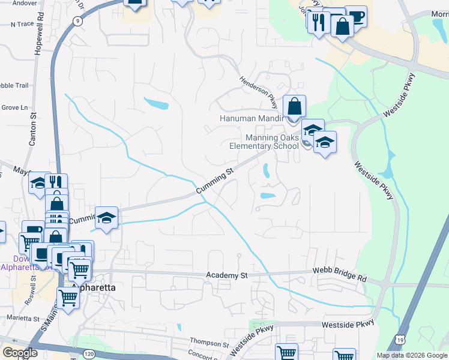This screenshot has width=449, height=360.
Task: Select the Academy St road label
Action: tap(227, 275)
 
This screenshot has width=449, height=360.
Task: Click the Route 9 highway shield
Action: tap(77, 21)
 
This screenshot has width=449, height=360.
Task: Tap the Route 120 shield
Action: tap(89, 355)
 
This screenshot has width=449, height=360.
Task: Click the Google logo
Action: tap(20, 353)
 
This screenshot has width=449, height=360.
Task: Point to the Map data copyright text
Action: tap(412, 355)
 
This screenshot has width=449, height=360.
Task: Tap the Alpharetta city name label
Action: tap(93, 287)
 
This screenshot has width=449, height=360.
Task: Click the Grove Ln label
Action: tap(15, 107)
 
